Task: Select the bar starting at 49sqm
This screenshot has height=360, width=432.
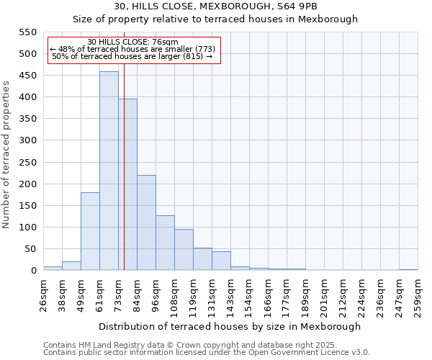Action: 90,231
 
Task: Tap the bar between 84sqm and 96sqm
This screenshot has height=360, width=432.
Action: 146,222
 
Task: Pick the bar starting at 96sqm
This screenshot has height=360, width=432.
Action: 165,243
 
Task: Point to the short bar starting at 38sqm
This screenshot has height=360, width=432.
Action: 71,266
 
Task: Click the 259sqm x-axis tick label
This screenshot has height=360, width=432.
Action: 418,294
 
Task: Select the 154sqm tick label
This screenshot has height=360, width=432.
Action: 249,294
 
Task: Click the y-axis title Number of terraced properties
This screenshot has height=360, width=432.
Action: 6,155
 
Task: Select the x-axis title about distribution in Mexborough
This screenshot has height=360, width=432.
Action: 229,326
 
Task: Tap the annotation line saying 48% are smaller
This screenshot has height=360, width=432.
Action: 132,49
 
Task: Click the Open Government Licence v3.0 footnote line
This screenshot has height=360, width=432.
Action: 207,353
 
